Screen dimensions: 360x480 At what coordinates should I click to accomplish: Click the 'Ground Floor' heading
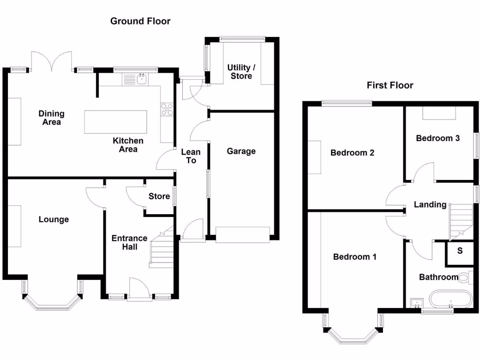[140, 21]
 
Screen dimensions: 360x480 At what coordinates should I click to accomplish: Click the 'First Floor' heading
[390, 85]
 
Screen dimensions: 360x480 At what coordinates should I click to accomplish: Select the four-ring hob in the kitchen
[167, 109]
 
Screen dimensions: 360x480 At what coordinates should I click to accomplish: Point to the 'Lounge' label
[53, 219]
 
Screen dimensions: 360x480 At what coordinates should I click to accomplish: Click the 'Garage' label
[241, 151]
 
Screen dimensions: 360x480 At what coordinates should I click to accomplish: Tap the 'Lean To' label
[191, 156]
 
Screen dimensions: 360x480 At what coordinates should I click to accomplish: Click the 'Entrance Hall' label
[129, 242]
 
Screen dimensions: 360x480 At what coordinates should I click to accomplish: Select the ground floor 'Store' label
[159, 196]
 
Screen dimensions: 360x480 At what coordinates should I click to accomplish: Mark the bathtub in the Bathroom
[450, 300]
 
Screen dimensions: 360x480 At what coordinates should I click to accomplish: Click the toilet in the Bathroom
[465, 278]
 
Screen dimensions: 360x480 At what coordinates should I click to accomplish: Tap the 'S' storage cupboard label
[460, 251]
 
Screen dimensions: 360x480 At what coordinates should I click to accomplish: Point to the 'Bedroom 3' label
[438, 138]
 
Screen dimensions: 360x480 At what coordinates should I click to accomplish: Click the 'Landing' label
[430, 204]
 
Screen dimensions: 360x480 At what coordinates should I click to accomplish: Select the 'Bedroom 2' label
[352, 153]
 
